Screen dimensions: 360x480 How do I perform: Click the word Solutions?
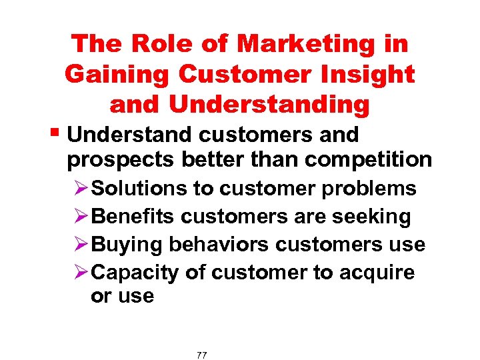click(139, 189)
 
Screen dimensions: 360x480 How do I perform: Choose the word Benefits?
click(133, 217)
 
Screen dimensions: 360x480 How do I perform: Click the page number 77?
click(202, 355)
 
